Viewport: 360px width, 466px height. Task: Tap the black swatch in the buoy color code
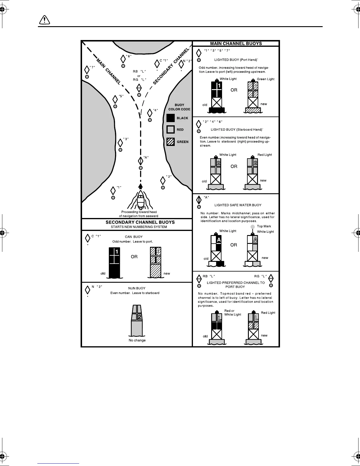click(171, 118)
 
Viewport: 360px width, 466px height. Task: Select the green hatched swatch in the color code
click(171, 142)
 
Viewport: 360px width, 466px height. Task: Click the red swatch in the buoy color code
click(171, 129)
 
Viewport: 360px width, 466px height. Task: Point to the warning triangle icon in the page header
click(44, 20)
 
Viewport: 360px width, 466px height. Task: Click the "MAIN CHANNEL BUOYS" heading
click(236, 44)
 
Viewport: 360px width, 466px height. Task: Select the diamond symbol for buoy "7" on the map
click(87, 70)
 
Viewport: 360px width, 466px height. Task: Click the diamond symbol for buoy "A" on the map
click(141, 161)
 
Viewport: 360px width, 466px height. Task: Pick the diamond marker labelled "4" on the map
click(150, 113)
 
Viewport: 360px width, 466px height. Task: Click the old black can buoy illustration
click(114, 262)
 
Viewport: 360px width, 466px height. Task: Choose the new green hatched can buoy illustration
click(155, 262)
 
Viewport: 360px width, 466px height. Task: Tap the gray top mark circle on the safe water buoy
click(252, 227)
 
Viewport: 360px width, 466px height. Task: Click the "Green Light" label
click(266, 79)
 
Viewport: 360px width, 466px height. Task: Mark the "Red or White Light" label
click(233, 313)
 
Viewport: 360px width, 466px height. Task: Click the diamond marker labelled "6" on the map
click(123, 59)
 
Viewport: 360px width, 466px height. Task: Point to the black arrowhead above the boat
click(141, 186)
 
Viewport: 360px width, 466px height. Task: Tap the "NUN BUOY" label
click(137, 288)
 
